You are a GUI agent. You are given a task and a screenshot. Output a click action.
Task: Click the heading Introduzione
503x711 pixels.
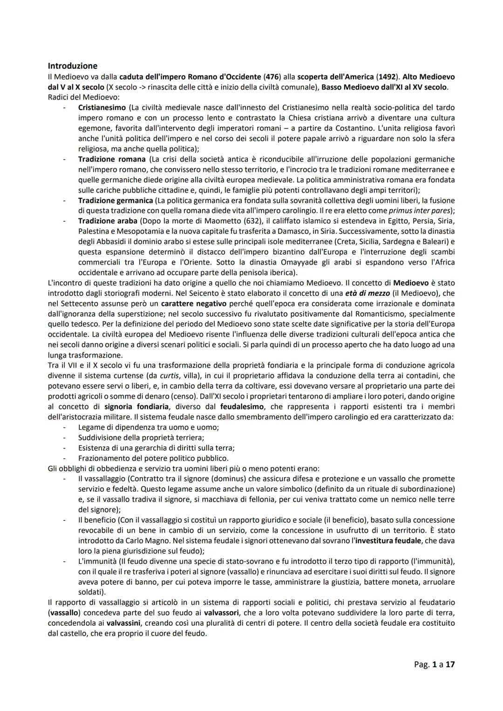pos(73,66)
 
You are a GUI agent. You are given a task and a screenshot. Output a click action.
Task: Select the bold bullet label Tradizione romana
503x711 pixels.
pos(112,159)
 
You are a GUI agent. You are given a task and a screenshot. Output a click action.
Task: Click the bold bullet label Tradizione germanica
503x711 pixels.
pos(116,200)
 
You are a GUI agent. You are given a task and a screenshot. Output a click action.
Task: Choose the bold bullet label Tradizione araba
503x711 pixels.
pos(108,221)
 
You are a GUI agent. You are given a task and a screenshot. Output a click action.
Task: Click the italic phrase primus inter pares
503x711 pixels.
pos(420,210)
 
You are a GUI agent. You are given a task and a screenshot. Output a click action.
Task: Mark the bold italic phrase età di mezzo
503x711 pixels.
pos(363,293)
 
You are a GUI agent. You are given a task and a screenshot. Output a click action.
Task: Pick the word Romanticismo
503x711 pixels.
pos(367,313)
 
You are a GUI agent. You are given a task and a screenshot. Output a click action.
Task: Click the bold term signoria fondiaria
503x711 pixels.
pos(137,406)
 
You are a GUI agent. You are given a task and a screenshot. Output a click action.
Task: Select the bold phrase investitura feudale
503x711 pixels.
pos(389,541)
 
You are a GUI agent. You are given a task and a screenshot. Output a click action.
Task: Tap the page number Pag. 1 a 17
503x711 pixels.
pos(434,664)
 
